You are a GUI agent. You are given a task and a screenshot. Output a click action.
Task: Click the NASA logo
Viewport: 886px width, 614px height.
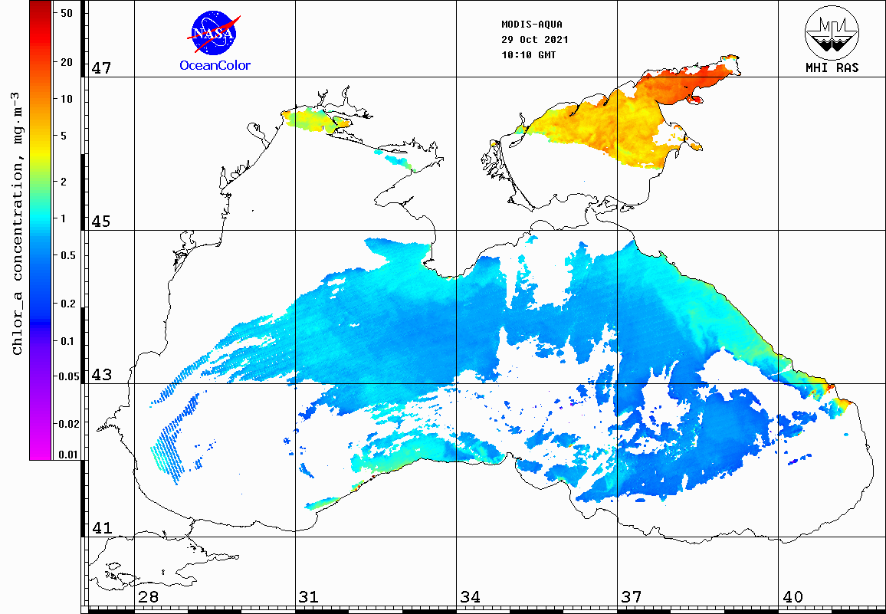point(215,31)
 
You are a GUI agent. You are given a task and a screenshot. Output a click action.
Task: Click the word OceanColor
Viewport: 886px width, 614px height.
point(215,65)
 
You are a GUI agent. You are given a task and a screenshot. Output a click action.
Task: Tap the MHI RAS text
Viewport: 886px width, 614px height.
point(832,67)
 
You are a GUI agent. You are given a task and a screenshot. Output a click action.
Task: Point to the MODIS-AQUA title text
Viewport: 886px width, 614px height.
point(531,24)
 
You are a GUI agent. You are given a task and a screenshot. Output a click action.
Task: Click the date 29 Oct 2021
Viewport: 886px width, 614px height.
point(534,40)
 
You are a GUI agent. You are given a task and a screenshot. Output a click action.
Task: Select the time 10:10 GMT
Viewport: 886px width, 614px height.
point(529,55)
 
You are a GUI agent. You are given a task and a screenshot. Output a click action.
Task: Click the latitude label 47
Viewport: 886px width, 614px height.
point(102,68)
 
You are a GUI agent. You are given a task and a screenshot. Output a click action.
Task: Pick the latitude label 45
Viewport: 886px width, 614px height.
point(102,222)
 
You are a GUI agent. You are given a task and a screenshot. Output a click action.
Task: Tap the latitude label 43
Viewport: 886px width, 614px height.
point(102,375)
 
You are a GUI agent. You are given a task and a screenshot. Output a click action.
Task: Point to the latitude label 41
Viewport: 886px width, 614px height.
point(102,528)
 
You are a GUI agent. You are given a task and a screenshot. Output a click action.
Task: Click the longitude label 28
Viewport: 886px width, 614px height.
point(148,597)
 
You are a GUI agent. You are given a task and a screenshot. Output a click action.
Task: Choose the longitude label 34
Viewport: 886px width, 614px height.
point(471,597)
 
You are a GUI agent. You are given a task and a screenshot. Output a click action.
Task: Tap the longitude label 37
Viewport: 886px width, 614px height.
point(632,597)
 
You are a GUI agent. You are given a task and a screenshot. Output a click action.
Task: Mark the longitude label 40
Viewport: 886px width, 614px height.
point(792,597)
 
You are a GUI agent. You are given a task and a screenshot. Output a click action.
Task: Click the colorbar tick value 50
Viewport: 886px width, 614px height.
point(66,13)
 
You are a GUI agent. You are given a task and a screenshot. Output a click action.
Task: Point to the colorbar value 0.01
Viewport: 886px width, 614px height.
point(68,455)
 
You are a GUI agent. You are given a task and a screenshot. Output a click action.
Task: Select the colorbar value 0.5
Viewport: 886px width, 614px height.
point(68,255)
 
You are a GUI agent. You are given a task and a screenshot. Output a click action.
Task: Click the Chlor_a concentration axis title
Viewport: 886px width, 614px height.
point(17,222)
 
